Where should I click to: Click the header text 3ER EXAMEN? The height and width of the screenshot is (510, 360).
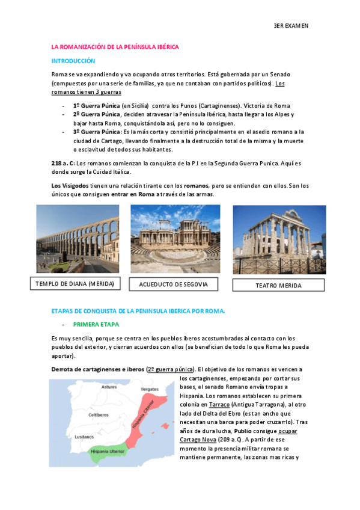[x=291, y=26]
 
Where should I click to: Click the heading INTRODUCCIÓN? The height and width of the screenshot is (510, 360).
[x=73, y=61]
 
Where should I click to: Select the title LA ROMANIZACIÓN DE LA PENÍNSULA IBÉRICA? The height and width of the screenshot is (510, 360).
[x=115, y=46]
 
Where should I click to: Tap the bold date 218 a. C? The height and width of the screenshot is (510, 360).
[x=63, y=164]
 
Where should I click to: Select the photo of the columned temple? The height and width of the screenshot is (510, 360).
[x=279, y=239]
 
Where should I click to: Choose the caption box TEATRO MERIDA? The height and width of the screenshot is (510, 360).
[x=279, y=285]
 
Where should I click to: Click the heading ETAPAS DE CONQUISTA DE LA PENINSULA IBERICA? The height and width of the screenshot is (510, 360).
[x=138, y=311]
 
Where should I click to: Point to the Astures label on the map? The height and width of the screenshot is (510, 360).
[x=109, y=387]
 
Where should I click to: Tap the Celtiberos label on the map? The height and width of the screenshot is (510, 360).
[x=98, y=414]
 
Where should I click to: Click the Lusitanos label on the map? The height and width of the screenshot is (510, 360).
[x=85, y=437]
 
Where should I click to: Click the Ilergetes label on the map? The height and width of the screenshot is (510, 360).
[x=150, y=389]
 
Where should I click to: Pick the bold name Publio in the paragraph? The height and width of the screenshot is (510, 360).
[x=243, y=431]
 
